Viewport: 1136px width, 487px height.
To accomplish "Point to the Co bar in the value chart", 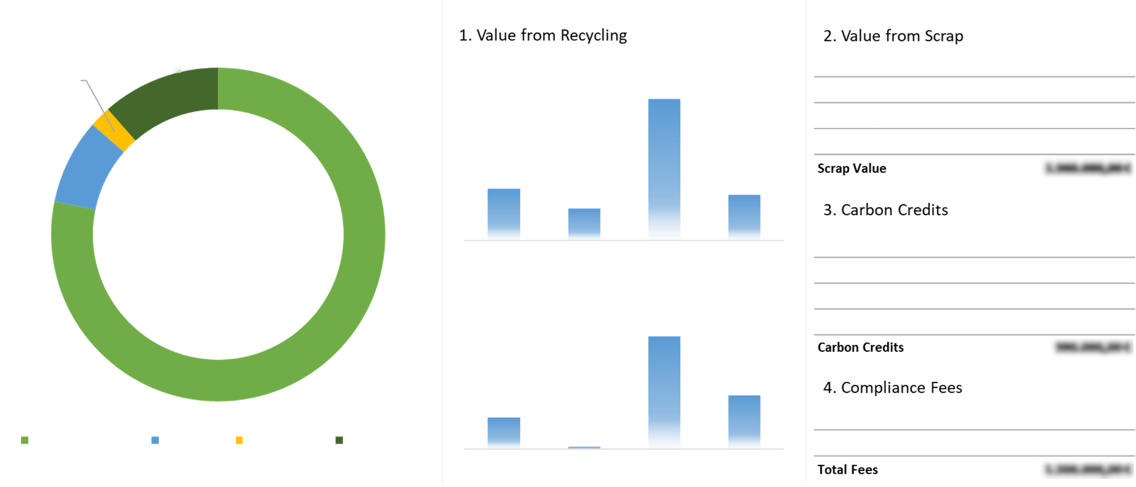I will pos(744,421).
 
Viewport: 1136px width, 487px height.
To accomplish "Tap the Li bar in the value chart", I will pos(504,432).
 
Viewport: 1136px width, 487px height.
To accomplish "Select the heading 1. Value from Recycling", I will pos(542,35).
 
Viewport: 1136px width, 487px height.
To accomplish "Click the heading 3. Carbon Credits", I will pos(886,210).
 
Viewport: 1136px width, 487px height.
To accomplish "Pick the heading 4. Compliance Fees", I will pos(892,388).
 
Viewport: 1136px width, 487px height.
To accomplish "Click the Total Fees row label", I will pos(847,470).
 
